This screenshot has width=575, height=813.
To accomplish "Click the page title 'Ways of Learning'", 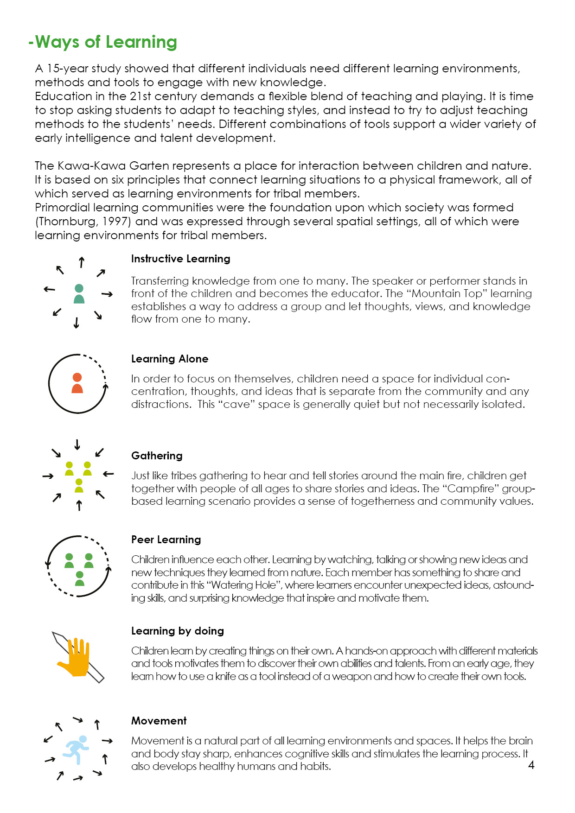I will pyautogui.click(x=103, y=42).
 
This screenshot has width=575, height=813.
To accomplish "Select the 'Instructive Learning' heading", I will pyautogui.click(x=180, y=259).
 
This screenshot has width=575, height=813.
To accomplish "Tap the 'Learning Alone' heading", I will pyautogui.click(x=170, y=359).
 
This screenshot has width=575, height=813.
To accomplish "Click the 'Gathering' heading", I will pyautogui.click(x=157, y=456).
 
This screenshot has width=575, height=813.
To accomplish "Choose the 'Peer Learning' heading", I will pyautogui.click(x=166, y=540).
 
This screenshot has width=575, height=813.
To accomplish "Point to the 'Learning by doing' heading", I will pyautogui.click(x=178, y=631).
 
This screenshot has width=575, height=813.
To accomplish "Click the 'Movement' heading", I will pyautogui.click(x=159, y=721).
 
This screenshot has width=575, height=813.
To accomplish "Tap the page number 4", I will pyautogui.click(x=531, y=765).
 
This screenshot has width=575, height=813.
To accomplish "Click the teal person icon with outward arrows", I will pyautogui.click(x=79, y=294).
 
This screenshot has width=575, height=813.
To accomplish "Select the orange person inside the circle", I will pyautogui.click(x=77, y=383).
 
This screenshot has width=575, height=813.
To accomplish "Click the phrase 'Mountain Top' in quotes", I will pyautogui.click(x=447, y=293).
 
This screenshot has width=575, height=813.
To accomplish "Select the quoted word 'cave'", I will pyautogui.click(x=236, y=404).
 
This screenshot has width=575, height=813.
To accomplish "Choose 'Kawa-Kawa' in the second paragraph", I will pyautogui.click(x=92, y=166).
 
